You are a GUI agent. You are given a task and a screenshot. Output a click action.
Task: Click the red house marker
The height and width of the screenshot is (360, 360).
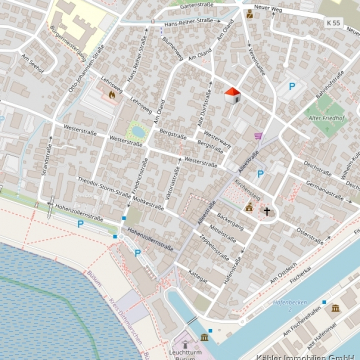232,94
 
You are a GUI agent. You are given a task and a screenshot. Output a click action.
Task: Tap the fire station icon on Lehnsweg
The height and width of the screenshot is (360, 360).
112,94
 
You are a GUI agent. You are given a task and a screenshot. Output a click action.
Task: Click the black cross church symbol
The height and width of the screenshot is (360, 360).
267,210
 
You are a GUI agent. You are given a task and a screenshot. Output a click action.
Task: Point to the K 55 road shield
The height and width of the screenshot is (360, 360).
332,20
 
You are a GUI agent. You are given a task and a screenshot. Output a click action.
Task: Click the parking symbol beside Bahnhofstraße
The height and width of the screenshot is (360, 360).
291,87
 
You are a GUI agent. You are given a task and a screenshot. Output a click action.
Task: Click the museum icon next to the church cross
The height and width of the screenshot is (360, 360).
249,207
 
